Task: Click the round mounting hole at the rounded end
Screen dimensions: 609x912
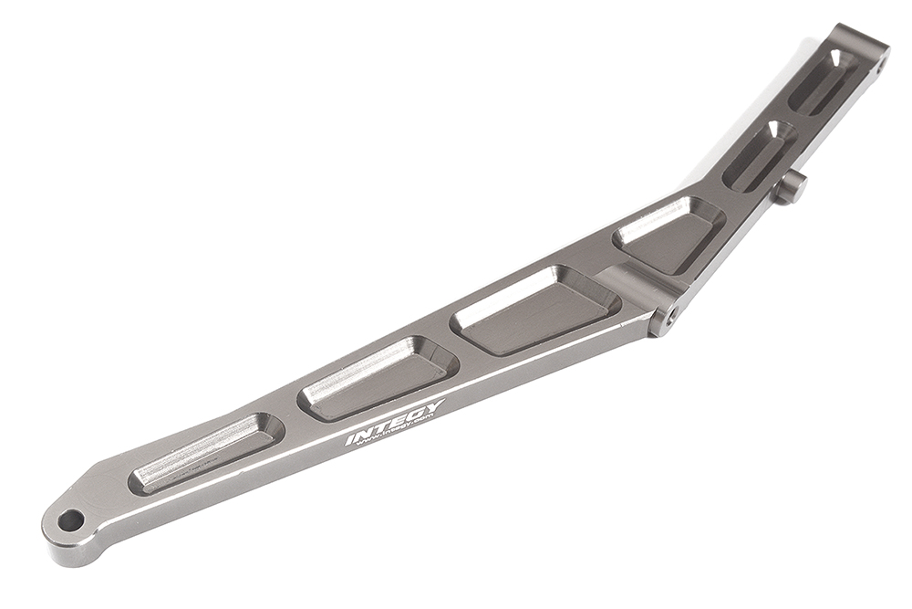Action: (70, 520)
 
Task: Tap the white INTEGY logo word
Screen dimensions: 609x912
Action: (394, 422)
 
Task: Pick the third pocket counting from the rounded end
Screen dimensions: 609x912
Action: (538, 310)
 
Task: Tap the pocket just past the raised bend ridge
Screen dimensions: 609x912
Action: (669, 233)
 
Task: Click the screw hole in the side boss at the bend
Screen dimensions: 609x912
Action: (672, 315)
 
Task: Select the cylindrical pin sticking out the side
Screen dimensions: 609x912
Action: (791, 187)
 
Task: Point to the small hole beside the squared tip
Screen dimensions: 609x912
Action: (882, 63)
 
